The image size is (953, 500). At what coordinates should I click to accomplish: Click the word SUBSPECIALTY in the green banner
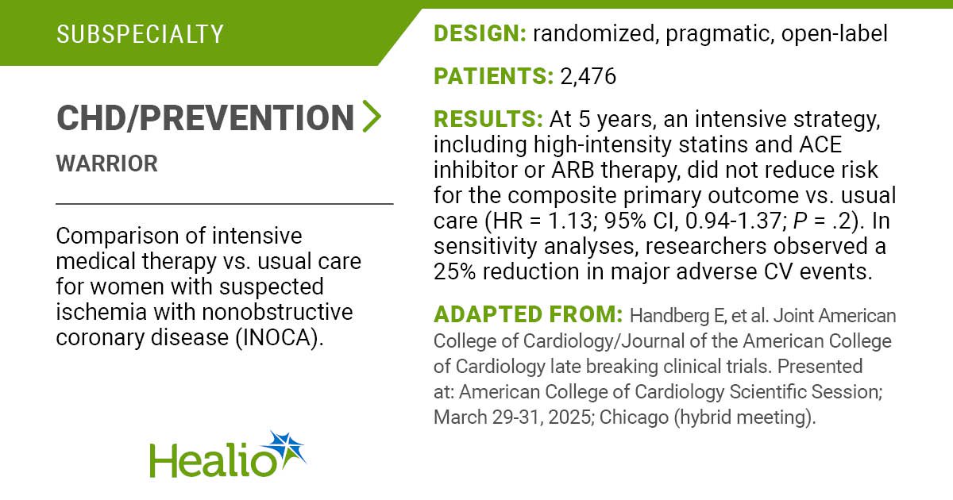(140, 34)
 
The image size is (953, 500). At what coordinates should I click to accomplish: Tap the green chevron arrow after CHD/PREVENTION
(372, 116)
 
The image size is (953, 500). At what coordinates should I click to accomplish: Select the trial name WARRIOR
(106, 163)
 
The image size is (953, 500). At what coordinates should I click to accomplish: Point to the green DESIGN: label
(480, 33)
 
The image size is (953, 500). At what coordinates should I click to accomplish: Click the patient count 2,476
(588, 76)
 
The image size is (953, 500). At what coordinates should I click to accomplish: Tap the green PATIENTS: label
(493, 76)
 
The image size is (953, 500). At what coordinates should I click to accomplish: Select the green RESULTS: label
(488, 119)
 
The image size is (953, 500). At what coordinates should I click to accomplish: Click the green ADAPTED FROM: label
(528, 314)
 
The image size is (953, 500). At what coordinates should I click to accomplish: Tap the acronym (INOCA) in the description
(280, 338)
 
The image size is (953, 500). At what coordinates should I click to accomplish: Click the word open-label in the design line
(835, 34)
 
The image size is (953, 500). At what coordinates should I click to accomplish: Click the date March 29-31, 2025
(514, 417)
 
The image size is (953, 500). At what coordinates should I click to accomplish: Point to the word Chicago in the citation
(634, 417)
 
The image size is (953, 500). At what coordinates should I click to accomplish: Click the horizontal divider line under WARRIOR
(225, 204)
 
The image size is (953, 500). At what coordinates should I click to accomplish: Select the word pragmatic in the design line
(720, 34)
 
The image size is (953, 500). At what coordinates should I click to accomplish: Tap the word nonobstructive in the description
(277, 312)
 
